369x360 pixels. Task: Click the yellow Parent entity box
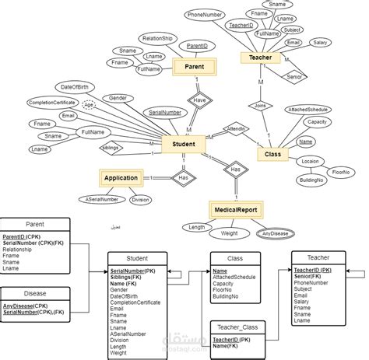click(x=195, y=68)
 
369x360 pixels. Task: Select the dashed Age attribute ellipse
click(x=89, y=105)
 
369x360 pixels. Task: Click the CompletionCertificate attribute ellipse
click(x=51, y=103)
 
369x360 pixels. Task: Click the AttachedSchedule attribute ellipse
click(x=307, y=110)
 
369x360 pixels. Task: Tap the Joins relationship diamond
click(x=260, y=106)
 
